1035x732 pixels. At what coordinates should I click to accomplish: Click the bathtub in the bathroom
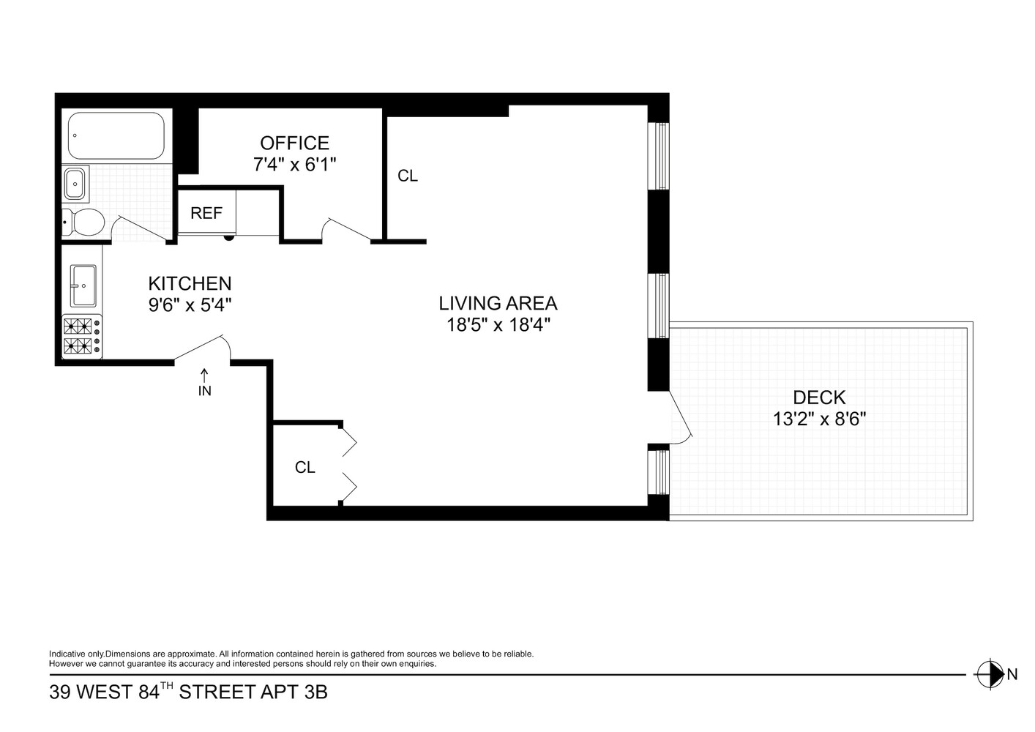coord(116,135)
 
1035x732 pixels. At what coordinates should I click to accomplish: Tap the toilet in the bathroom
coord(84,222)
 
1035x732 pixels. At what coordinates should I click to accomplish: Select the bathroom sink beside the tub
coord(75,183)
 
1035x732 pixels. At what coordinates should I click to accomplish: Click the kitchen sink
coord(83,285)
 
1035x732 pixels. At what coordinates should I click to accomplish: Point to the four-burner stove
coord(81,336)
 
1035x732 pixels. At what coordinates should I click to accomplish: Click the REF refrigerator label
coord(206,213)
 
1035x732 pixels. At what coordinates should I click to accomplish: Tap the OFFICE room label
coord(294,143)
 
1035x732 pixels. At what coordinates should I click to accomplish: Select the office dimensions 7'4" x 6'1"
coord(294,165)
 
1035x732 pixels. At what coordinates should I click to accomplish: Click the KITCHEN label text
coord(190,283)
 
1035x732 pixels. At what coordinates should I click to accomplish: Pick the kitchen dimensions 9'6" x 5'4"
coord(190,305)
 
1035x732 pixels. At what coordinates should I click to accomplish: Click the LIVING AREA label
coord(498,302)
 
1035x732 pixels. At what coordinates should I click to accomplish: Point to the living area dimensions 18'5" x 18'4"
coord(498,324)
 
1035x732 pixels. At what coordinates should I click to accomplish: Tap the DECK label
coord(819,397)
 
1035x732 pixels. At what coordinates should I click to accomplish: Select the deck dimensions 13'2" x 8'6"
coord(819,419)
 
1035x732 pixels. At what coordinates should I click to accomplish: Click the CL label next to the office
coord(407,176)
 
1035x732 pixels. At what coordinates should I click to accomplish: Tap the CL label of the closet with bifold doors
coord(304,467)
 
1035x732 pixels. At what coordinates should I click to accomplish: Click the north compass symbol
coord(991,674)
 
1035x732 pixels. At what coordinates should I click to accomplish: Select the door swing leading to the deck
coord(680,421)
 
